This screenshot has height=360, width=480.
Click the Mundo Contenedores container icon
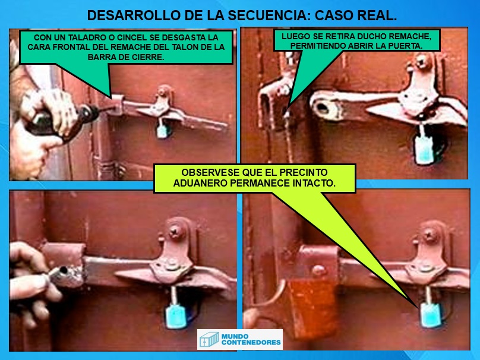click(209, 339)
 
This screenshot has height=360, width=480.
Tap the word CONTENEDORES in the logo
click(251, 342)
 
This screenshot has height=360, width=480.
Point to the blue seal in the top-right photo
click(425, 149)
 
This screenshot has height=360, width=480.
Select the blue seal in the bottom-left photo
click(176, 316)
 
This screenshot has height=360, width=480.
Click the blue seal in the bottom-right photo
click(432, 314)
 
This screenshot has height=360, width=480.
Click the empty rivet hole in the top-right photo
click(323, 108)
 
